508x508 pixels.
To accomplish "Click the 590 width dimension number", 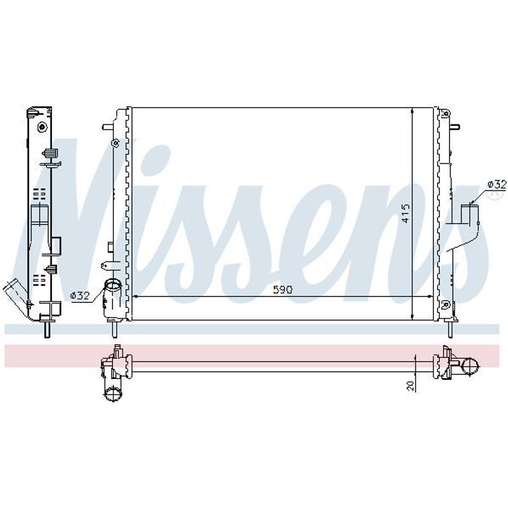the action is [283, 290].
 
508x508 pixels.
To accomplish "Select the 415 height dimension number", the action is [405, 213].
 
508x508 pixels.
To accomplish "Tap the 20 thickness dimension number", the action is [410, 385].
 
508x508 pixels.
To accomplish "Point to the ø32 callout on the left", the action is [80, 295].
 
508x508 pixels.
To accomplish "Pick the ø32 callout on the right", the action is [497, 185].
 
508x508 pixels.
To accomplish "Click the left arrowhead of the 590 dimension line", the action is [136, 296].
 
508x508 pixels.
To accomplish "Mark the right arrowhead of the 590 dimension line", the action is [430, 296].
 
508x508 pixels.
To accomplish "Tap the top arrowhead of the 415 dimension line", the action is [412, 110].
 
